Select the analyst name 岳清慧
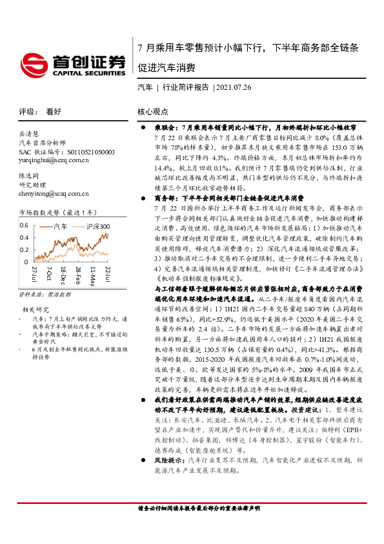[29, 132]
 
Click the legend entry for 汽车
[60, 227]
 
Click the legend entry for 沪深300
[96, 227]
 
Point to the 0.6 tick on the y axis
[23, 225]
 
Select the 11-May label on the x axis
[94, 272]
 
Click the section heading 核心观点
[152, 111]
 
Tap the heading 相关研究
[34, 310]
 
